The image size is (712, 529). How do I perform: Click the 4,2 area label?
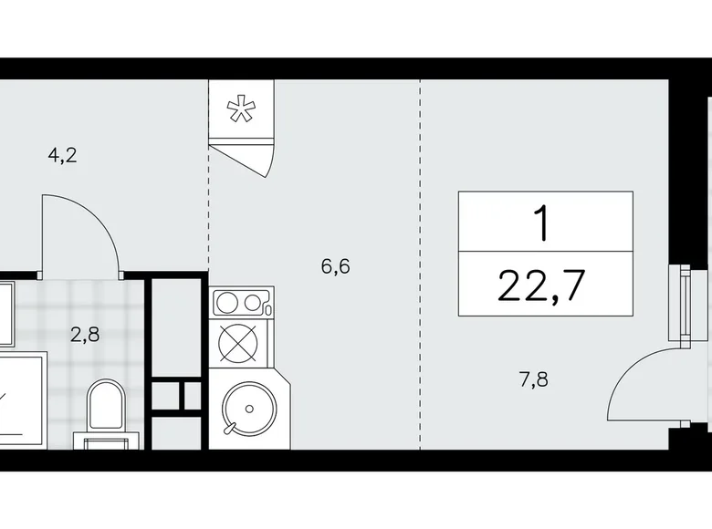[62, 154]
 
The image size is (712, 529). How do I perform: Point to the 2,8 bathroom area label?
[85, 333]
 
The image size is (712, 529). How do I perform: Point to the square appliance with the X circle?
[241, 347]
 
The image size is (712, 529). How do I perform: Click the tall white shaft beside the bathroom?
[176, 328]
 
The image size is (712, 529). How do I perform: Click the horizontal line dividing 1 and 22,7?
[544, 250]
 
